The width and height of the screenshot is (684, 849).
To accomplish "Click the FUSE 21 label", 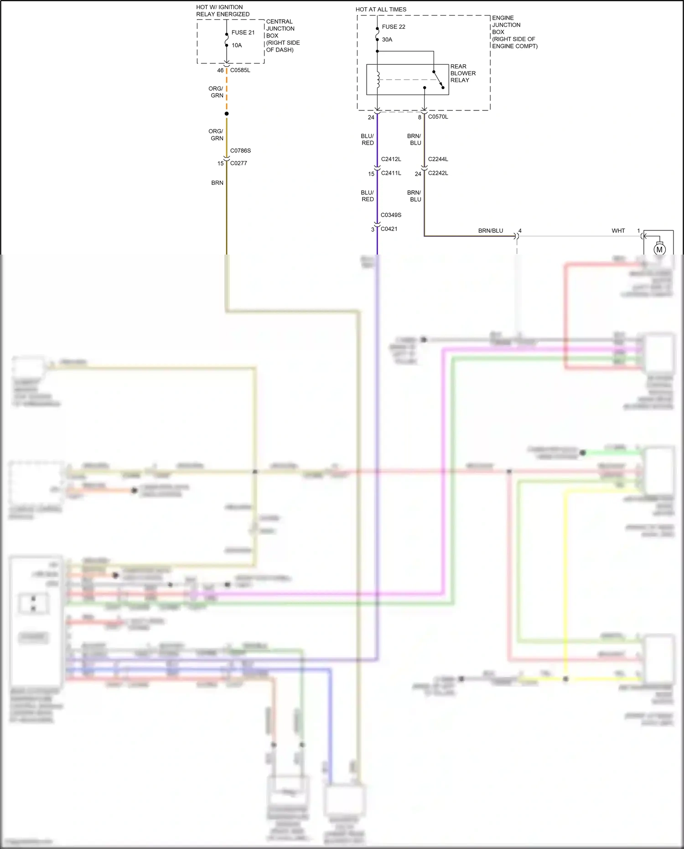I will [243, 32].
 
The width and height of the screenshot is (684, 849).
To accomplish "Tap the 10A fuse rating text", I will [237, 45].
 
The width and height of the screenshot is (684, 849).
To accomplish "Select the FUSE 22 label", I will [393, 27].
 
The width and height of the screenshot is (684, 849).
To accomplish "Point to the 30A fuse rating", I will [387, 40].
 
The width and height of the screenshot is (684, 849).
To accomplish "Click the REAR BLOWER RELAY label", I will [462, 73].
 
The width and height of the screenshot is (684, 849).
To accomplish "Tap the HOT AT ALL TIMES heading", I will [381, 9].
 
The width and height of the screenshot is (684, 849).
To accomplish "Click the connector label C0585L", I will [240, 70].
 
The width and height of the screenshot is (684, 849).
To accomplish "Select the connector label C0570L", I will [438, 117].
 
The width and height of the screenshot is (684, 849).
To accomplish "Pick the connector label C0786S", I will [240, 151].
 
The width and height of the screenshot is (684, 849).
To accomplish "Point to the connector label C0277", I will [238, 163].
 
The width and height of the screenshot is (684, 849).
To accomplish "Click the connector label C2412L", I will [391, 159].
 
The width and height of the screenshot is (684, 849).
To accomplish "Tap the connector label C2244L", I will [438, 159].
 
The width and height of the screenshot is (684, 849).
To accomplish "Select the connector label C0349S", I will [391, 215].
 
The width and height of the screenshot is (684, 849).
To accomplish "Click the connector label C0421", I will [389, 229].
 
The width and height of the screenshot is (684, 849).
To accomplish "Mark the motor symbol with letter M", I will [659, 250].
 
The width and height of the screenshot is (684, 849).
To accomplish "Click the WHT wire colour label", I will [618, 231].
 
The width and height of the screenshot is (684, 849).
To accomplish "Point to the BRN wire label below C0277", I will [217, 183].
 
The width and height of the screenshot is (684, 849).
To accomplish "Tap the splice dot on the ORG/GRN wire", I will [227, 114].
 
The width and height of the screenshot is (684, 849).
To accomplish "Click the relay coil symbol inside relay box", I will [378, 80].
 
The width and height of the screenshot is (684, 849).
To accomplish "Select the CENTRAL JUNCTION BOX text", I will [280, 29].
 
